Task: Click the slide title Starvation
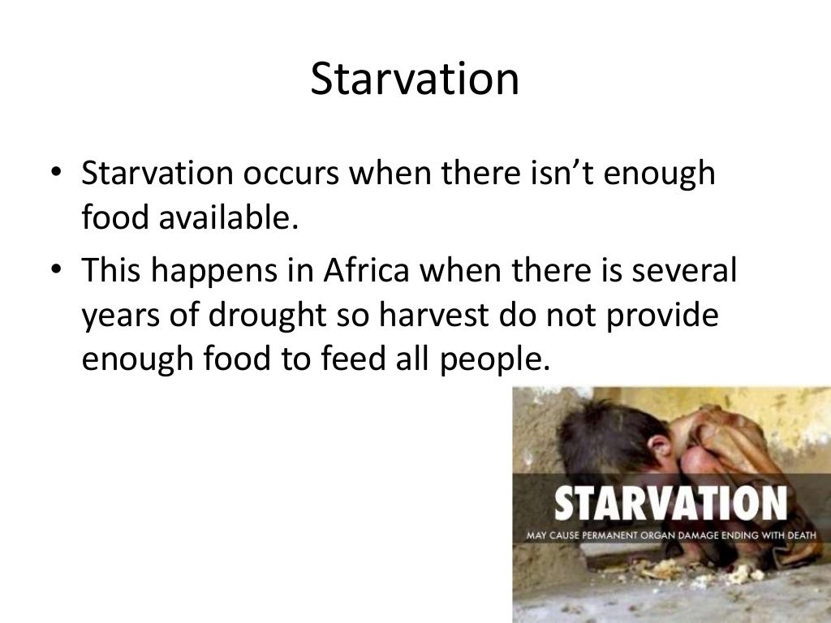point(415,80)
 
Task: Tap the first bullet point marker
point(53,177)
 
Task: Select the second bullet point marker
point(53,271)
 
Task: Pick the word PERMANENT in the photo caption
point(618,535)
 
